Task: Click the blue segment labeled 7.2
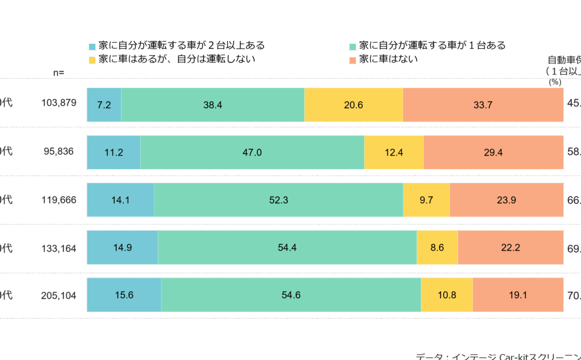tap(104, 105)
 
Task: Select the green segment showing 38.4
tap(213, 105)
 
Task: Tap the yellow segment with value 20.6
tap(353, 105)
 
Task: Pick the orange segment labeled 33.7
tap(483, 105)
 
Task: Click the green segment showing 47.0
tap(252, 152)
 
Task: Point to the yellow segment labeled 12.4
tap(394, 152)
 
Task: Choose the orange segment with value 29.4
tap(494, 152)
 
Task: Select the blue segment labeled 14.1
tap(120, 200)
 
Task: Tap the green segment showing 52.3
tap(279, 200)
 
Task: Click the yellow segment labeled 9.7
tap(427, 200)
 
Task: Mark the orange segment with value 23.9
tap(507, 200)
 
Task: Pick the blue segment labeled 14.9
tap(122, 248)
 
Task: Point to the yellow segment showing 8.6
tap(437, 248)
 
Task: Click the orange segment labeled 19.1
tap(518, 295)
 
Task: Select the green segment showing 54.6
tap(291, 295)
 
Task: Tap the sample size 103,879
tap(59, 103)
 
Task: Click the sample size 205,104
tap(59, 295)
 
